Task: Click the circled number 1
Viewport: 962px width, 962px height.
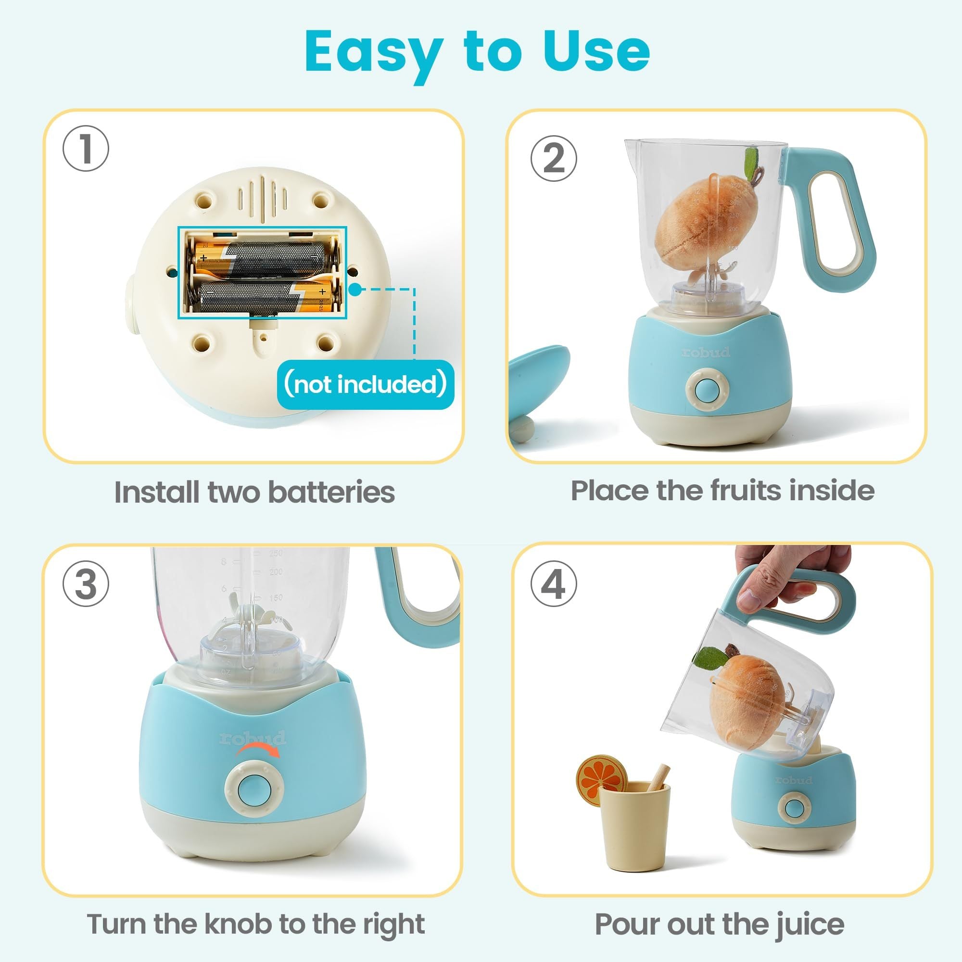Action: (x=86, y=148)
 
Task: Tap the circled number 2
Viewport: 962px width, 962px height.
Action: (x=553, y=158)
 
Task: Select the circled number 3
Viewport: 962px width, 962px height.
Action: (x=86, y=583)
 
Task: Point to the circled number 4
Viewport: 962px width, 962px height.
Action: (x=553, y=583)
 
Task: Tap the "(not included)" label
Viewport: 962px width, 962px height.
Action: (x=365, y=384)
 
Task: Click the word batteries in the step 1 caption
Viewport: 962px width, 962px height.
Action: (x=331, y=492)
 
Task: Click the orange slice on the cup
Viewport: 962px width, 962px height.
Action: (x=601, y=778)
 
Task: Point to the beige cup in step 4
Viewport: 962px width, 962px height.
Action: (x=633, y=829)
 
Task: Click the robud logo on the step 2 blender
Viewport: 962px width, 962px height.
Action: (x=706, y=353)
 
